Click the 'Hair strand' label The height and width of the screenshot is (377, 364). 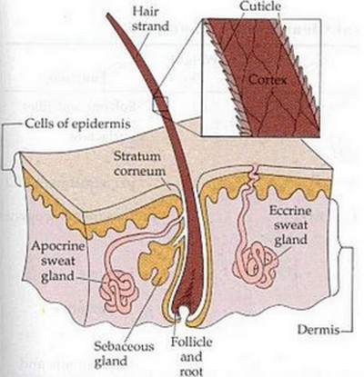150,19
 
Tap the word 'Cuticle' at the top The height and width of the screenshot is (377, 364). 259,6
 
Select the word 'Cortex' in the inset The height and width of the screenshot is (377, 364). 268,80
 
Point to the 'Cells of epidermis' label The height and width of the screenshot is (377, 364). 77,124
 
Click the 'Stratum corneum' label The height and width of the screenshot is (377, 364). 139,164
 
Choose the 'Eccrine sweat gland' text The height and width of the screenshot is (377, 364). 290,225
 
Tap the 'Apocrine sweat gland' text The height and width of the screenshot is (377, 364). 58,261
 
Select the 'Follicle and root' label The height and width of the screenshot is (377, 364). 191,356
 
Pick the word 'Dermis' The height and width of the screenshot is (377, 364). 318,330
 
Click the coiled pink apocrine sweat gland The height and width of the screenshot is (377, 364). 116,288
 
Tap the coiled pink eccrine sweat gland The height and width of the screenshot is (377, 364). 256,259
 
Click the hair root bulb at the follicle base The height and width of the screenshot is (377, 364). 185,306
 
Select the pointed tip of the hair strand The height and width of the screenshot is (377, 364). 107,15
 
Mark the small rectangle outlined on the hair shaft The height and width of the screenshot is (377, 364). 161,104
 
